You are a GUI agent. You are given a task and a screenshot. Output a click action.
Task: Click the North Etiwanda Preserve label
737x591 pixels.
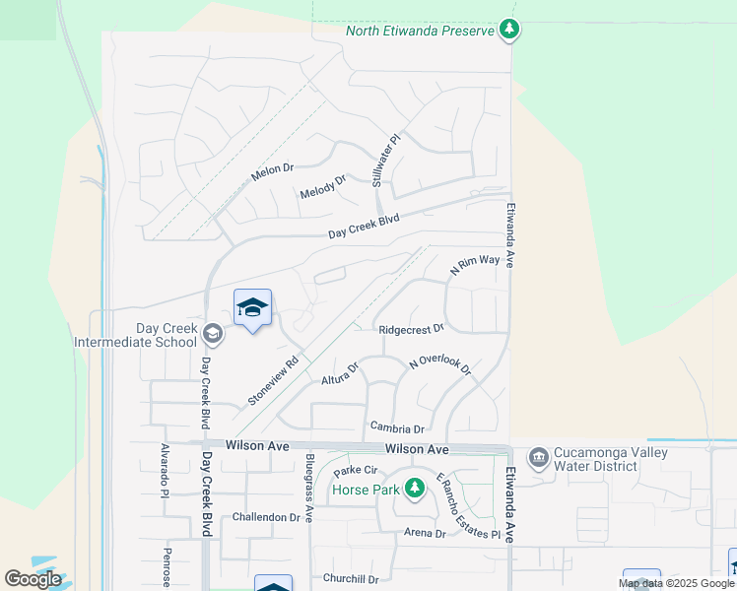coord(419,30)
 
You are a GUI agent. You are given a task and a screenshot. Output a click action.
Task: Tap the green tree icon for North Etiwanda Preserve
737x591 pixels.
coord(508,30)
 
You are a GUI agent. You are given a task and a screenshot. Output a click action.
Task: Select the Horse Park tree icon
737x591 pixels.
coord(415,488)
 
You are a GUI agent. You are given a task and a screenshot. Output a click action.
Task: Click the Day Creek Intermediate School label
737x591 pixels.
coord(135,335)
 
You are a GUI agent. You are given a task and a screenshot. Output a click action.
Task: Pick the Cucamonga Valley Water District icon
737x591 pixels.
coord(538,457)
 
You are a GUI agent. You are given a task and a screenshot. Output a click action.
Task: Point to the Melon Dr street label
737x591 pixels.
coord(273,169)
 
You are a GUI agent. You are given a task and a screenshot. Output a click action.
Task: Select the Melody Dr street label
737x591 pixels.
coord(324,186)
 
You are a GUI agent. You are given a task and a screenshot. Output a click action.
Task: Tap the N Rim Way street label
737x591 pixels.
coord(475,265)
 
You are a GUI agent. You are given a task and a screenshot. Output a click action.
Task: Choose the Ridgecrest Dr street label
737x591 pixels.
coord(411,328)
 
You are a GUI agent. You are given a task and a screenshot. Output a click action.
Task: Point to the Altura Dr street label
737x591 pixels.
coord(340,373)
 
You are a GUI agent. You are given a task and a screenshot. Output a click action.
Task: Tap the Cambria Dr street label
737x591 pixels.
coord(396,428)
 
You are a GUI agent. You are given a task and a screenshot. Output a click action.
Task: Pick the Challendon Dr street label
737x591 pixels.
coord(265,517)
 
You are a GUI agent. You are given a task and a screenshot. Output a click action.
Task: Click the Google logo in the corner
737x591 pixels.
coord(33,579)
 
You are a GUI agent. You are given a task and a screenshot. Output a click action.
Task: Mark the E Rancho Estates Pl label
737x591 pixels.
coord(456,507)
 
